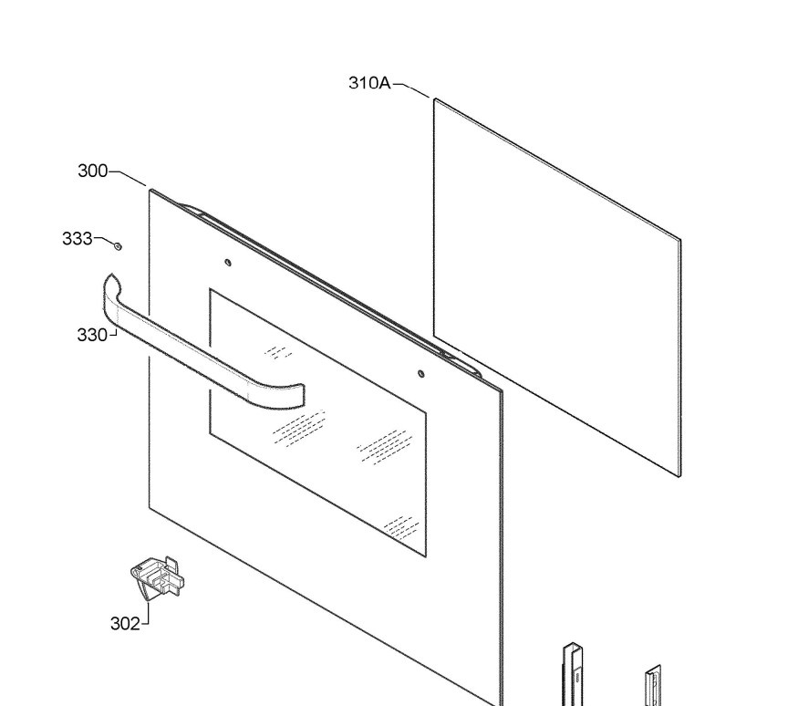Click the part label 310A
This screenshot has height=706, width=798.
[369, 82]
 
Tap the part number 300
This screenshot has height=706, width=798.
[93, 171]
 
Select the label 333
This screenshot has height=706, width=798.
[78, 238]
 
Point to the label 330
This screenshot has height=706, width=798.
[92, 335]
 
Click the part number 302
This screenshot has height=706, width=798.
[125, 624]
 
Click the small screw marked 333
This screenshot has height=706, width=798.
[118, 246]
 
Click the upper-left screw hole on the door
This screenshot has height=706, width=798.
[228, 263]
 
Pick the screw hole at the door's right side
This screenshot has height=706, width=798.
[420, 374]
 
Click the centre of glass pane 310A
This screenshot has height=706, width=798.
[557, 287]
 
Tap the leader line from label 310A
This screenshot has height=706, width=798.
[411, 89]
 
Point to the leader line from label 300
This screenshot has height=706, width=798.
[128, 178]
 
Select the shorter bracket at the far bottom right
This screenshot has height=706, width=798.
[654, 686]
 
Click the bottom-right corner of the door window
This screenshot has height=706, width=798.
[426, 556]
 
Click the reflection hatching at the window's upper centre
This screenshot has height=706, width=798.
[278, 352]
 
